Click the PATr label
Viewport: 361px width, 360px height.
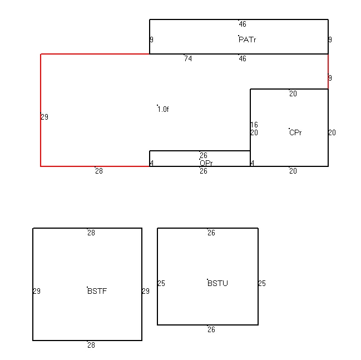pyautogui.click(x=248, y=40)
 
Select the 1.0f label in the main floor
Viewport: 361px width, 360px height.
pyautogui.click(x=163, y=109)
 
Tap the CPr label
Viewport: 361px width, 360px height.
pyautogui.click(x=295, y=132)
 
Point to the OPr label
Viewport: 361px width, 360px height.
pyautogui.click(x=206, y=163)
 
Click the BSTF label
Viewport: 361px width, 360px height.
pyautogui.click(x=97, y=291)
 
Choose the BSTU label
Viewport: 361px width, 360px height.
pyautogui.click(x=217, y=283)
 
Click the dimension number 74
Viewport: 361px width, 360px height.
pyautogui.click(x=188, y=59)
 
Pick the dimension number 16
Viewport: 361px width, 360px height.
pyautogui.click(x=254, y=125)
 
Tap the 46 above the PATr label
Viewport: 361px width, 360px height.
pyautogui.click(x=243, y=24)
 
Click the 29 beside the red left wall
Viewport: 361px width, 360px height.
pyautogui.click(x=44, y=117)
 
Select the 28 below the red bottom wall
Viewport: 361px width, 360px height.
pyautogui.click(x=99, y=171)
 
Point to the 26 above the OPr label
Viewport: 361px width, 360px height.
pyautogui.click(x=204, y=155)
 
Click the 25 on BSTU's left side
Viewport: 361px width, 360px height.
pyautogui.click(x=161, y=283)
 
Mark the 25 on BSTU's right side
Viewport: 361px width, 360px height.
pyautogui.click(x=262, y=283)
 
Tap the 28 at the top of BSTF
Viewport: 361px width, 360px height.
pyautogui.click(x=91, y=233)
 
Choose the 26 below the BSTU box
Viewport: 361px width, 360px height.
pyautogui.click(x=211, y=330)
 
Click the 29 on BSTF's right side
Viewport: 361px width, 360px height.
pyautogui.click(x=146, y=291)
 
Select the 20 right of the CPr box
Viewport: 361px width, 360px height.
pyautogui.click(x=332, y=132)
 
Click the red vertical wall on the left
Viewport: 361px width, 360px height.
pyautogui.click(x=41, y=110)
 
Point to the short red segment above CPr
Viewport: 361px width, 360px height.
pyautogui.click(x=328, y=71)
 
